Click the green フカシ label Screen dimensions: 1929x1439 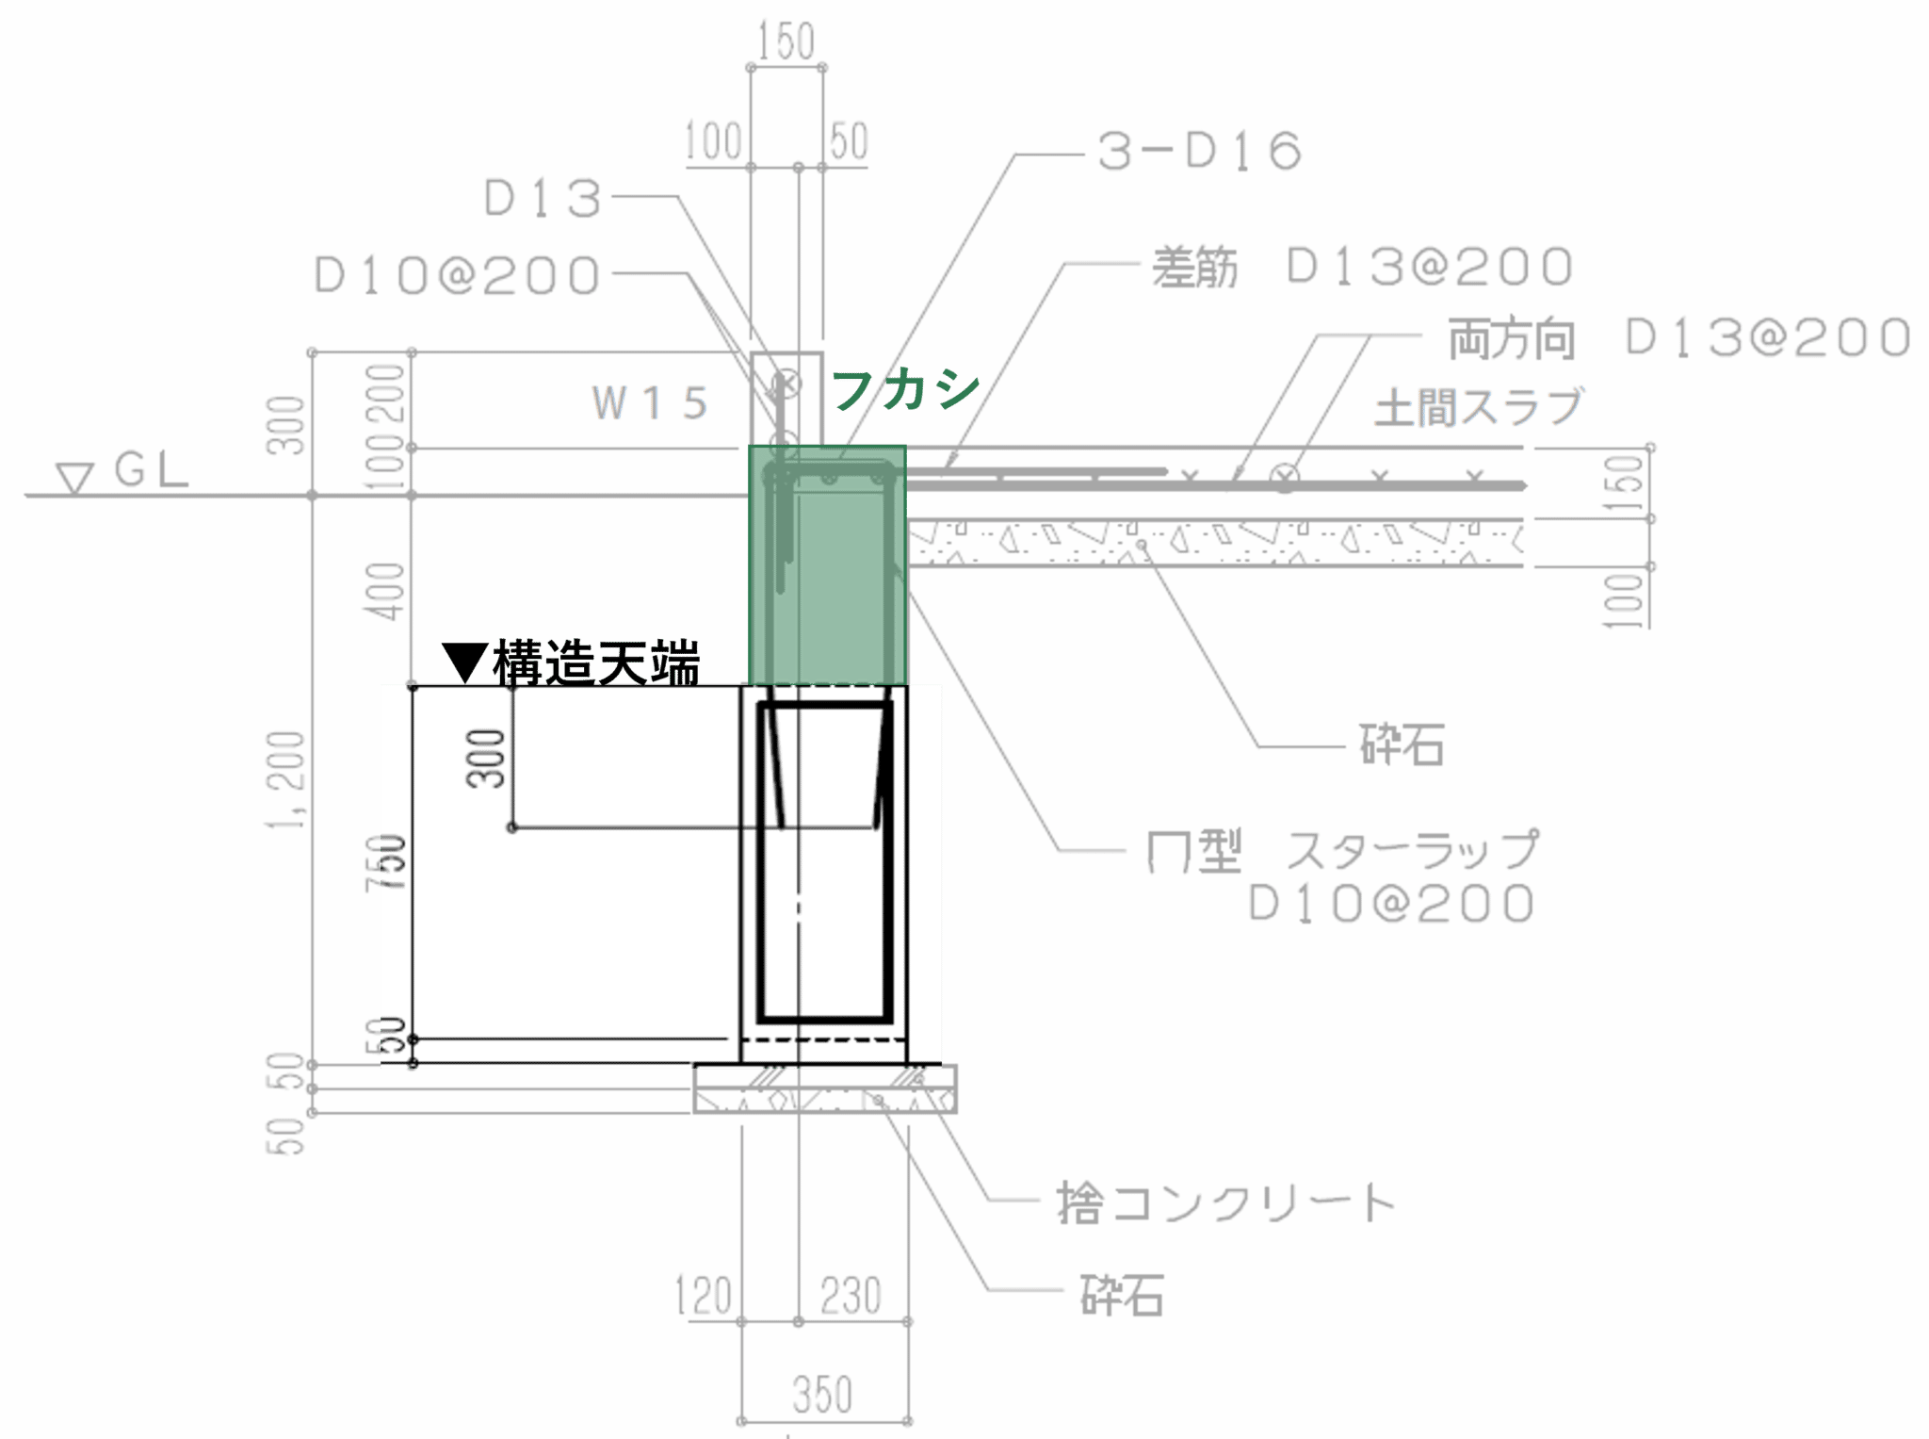(905, 388)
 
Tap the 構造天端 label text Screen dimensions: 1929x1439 (596, 662)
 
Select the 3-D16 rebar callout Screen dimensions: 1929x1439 (1200, 152)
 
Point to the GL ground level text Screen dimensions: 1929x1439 (152, 468)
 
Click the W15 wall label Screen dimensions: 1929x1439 (650, 403)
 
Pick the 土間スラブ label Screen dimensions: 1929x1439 (1478, 407)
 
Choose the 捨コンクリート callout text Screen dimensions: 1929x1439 (1225, 1202)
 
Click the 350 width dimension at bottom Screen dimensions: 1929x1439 (822, 1395)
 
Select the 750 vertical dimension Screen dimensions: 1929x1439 (386, 862)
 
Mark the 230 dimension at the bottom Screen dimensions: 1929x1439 (851, 1295)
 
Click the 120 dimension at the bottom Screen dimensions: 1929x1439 (704, 1295)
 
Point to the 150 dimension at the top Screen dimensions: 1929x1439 (786, 41)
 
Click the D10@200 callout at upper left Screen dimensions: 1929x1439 (457, 275)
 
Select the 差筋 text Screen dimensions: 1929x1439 (1194, 267)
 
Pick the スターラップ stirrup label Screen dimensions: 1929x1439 (1412, 850)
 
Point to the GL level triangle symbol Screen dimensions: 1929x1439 (74, 478)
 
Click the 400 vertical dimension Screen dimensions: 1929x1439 (386, 591)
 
